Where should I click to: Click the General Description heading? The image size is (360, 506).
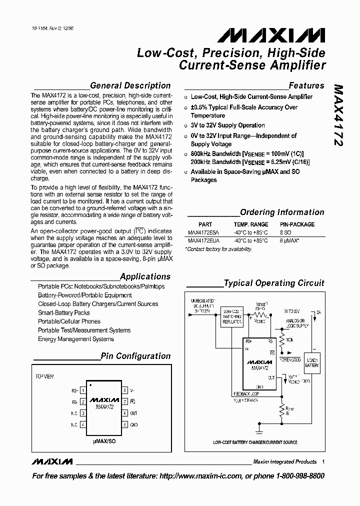point(130,85)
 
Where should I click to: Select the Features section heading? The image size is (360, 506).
point(306,85)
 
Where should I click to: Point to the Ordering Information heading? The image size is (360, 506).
point(282,212)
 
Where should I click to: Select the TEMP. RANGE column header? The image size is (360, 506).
point(250,224)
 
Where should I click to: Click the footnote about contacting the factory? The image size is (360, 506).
point(218,249)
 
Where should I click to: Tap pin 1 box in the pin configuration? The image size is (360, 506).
point(82,389)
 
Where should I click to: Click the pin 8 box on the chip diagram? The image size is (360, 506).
point(124,389)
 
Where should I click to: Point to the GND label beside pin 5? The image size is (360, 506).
point(134,424)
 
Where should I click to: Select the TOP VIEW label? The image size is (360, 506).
point(44,376)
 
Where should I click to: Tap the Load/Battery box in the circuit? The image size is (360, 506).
point(312,362)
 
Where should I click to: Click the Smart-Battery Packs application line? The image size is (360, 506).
point(64,312)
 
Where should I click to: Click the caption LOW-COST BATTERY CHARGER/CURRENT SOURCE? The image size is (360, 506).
point(255,442)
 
